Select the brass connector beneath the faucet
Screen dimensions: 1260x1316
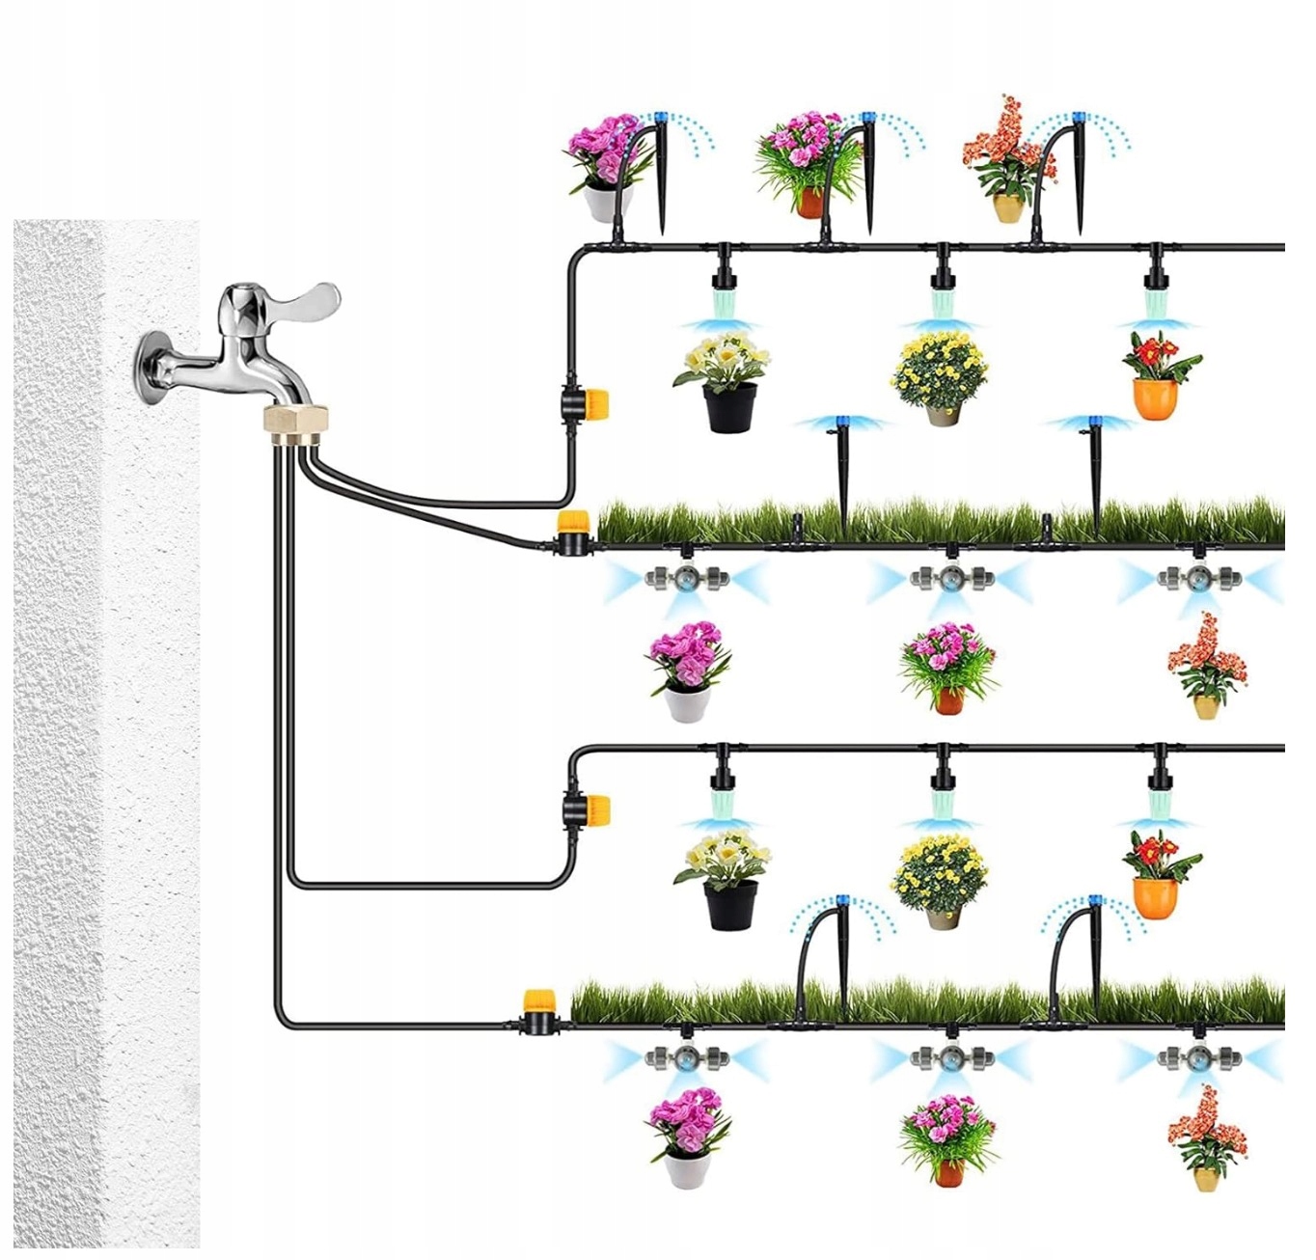tap(296, 422)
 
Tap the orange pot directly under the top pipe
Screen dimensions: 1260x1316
tap(1155, 397)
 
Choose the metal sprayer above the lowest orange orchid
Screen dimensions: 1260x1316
tap(1197, 1057)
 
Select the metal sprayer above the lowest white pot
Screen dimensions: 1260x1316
tap(686, 1057)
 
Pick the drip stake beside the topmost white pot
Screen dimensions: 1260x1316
tap(661, 174)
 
